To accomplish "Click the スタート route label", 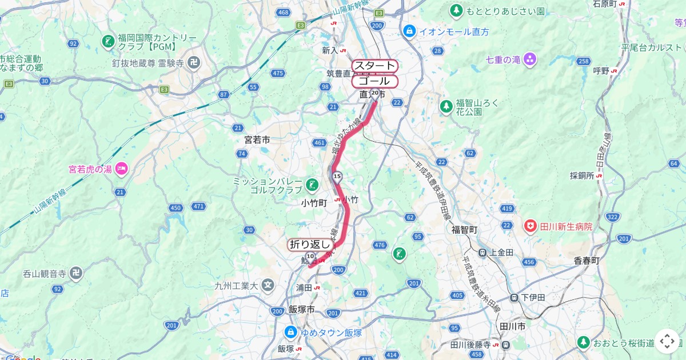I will (x=374, y=66).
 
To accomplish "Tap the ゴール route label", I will (x=374, y=81).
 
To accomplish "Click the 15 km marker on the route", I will (x=337, y=176).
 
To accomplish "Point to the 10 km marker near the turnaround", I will (x=310, y=257).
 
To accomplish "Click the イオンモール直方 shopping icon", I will (x=409, y=31).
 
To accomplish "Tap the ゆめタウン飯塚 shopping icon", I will (x=290, y=332).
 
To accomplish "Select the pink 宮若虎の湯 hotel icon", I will (x=121, y=169).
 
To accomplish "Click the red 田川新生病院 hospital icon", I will (x=531, y=227).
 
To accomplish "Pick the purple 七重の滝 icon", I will (x=530, y=59).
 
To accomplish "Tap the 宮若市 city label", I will (x=257, y=139).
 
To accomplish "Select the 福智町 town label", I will (x=464, y=229).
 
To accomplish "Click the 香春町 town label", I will (x=587, y=260).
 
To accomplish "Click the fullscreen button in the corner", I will (x=667, y=342).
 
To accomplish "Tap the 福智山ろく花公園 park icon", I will (x=446, y=106).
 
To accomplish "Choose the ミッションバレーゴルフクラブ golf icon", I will (x=312, y=185).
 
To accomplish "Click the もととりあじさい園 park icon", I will (x=456, y=10).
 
